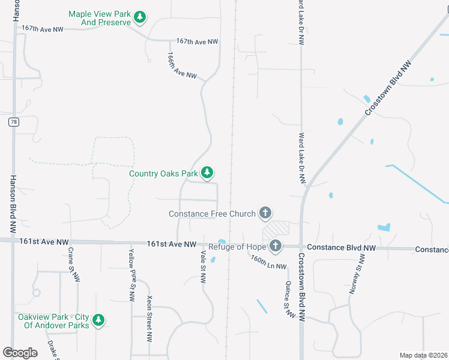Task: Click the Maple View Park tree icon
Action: pyautogui.click(x=140, y=17)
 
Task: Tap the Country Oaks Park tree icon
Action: pyautogui.click(x=207, y=173)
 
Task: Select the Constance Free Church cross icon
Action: pyautogui.click(x=265, y=213)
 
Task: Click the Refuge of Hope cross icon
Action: pyautogui.click(x=276, y=245)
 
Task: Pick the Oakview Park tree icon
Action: pyautogui.click(x=98, y=320)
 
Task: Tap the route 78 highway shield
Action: pyautogui.click(x=13, y=122)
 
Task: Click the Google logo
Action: pyautogui.click(x=20, y=352)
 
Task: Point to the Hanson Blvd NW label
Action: pyautogui.click(x=13, y=204)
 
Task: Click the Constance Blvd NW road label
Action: pyautogui.click(x=341, y=247)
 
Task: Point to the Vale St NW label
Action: pyautogui.click(x=203, y=267)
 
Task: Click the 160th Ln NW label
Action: pyautogui.click(x=268, y=262)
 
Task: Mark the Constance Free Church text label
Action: pyautogui.click(x=212, y=214)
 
